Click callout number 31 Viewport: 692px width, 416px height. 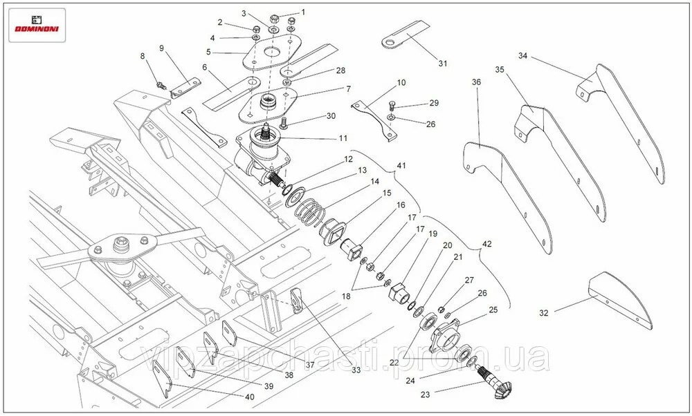(x=442, y=64)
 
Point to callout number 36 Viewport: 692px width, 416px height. (x=476, y=82)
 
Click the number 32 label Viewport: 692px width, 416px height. (x=544, y=312)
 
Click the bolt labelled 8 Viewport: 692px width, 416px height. (x=161, y=85)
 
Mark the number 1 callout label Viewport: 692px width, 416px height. (x=302, y=12)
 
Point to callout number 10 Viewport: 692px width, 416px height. (x=401, y=83)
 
